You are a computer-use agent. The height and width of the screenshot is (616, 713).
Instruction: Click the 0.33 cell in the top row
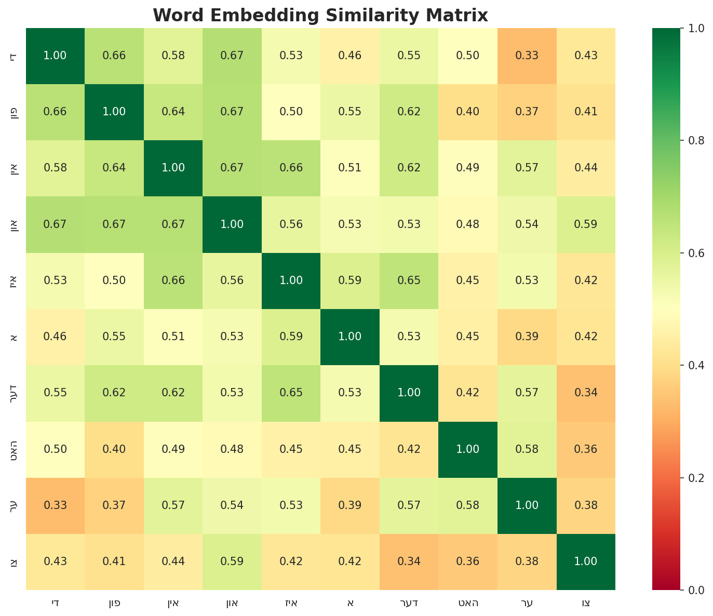point(527,56)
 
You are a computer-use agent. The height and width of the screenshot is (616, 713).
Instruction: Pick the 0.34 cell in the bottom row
point(409,561)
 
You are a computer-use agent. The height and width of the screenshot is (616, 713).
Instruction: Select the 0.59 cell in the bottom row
point(232,561)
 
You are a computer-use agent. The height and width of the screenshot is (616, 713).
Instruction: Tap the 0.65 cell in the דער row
point(291,393)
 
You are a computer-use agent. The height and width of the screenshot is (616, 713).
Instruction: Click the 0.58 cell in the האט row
point(527,449)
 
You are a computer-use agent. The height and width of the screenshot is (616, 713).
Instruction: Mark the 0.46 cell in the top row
point(350,56)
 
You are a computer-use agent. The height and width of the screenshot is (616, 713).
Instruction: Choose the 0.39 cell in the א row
point(527,337)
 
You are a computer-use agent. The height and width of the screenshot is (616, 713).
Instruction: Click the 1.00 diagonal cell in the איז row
point(291,280)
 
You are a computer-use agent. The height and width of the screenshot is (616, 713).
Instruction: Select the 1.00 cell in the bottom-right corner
point(586,561)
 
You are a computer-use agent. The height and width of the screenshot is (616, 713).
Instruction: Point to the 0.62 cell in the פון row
point(409,112)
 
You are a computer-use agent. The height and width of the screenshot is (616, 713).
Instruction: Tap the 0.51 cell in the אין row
point(350,168)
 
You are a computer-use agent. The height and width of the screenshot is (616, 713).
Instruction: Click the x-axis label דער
point(409,603)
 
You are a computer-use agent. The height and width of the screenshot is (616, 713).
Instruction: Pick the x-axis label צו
point(586,603)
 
